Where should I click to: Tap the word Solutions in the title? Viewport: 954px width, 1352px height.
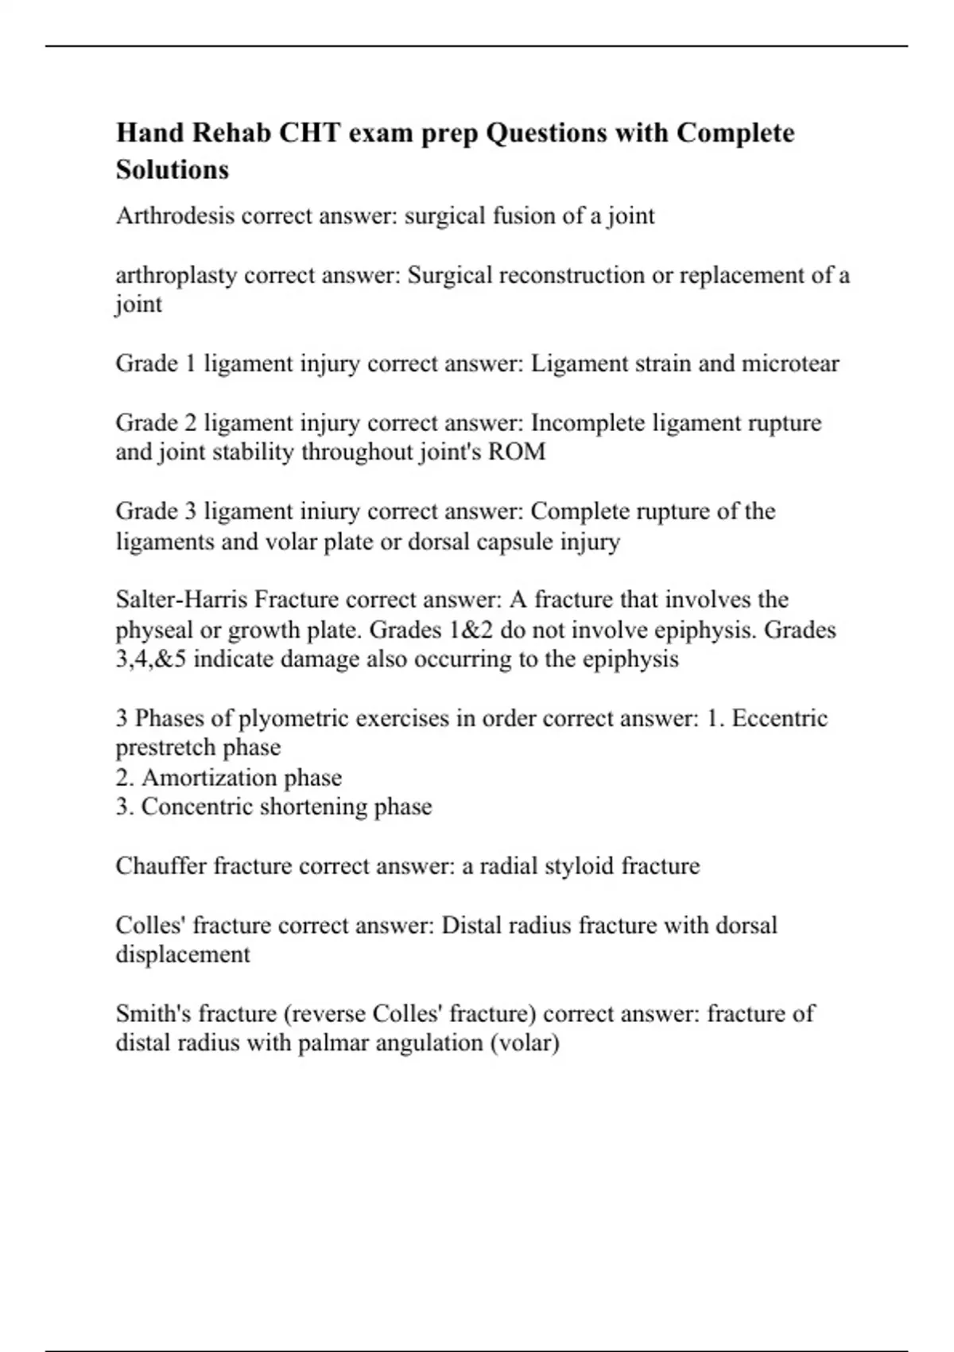point(173,169)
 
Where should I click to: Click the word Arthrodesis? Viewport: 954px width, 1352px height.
point(175,216)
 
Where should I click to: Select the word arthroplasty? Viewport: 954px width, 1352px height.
point(176,276)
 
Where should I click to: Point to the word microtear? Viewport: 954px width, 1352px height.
point(790,363)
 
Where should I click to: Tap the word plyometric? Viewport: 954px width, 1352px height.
point(294,718)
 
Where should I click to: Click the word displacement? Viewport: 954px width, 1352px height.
point(183,954)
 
